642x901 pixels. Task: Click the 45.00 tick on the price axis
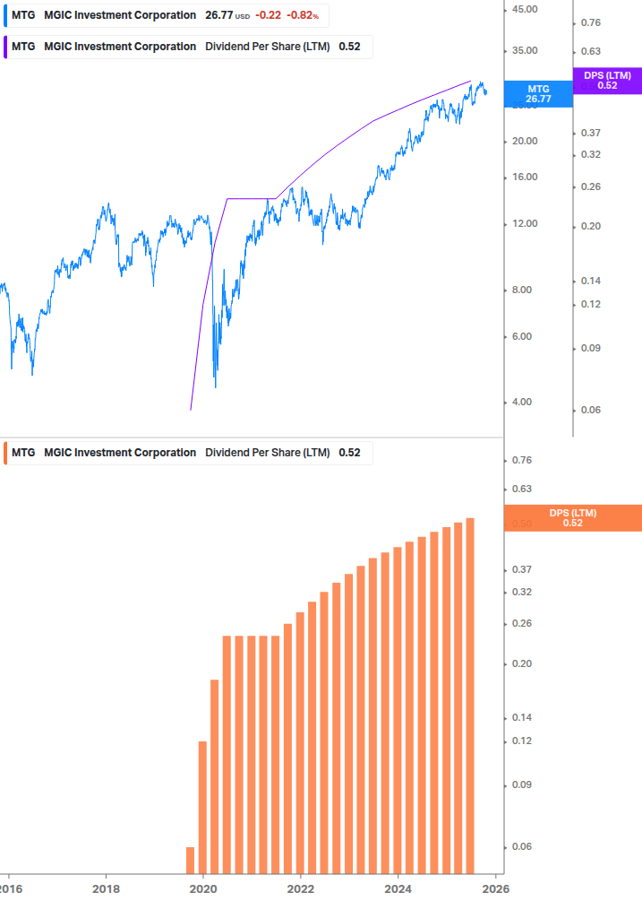525,9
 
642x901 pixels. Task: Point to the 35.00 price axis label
525,51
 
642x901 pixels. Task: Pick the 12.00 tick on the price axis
525,223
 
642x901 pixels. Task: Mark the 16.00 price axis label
525,177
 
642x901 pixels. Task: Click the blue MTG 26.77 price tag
538,94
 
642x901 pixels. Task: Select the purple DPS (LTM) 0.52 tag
607,81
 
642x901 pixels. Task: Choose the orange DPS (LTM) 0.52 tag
573,518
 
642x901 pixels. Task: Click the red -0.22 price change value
267,15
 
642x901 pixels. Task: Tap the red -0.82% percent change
303,15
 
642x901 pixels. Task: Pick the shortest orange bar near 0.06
190,859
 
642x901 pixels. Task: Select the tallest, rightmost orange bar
470,695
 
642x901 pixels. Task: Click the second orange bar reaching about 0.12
202,807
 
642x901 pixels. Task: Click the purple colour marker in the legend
5,47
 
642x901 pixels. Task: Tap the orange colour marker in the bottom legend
5,453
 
